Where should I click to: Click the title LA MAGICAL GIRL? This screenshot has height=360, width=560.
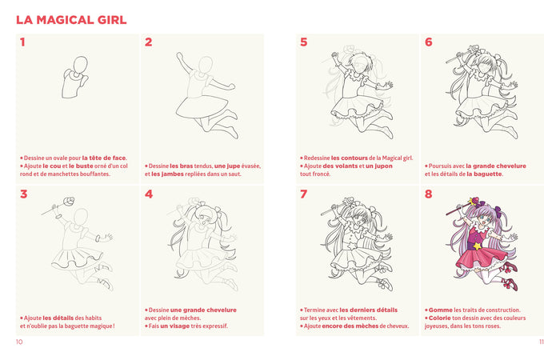pos(71,19)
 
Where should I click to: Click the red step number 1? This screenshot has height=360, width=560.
pos(22,42)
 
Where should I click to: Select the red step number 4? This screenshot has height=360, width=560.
pos(148,194)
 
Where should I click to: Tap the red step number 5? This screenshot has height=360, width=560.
pos(303,42)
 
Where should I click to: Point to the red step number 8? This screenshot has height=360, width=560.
pos(429,194)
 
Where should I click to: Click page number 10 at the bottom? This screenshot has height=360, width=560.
pos(19,342)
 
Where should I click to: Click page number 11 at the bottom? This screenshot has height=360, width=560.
pos(541,342)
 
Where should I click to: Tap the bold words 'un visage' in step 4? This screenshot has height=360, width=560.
pos(175,326)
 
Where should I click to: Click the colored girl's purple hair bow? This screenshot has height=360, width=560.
pos(496,213)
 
